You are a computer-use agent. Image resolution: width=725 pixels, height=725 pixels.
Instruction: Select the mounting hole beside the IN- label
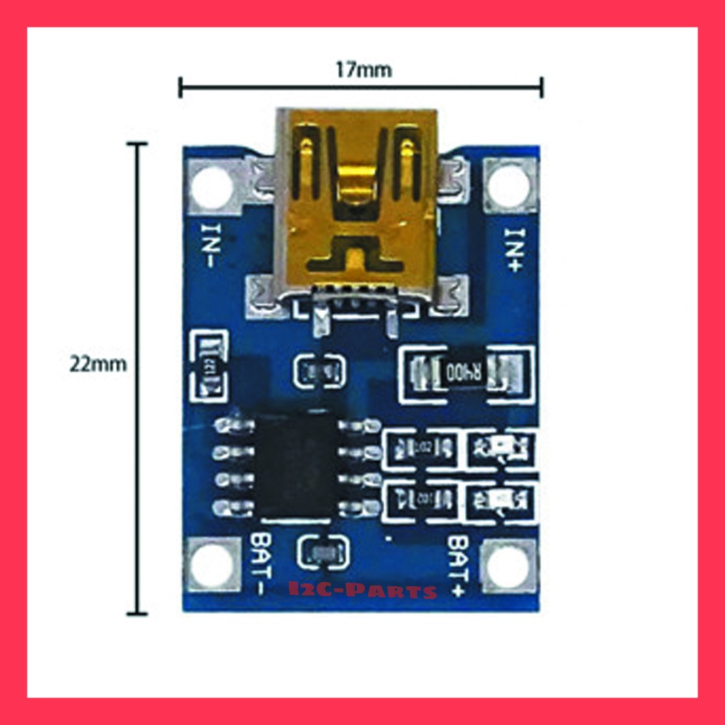(210, 187)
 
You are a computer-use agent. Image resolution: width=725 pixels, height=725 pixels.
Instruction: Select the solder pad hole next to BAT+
(508, 567)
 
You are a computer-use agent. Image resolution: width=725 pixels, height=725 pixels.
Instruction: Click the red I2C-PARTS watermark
(362, 590)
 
